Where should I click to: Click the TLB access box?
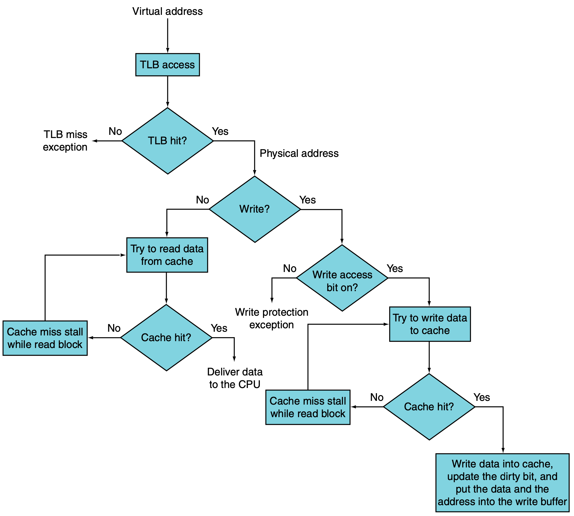pyautogui.click(x=168, y=65)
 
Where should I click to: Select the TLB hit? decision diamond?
pyautogui.click(x=168, y=141)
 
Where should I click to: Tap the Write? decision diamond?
pyautogui.click(x=255, y=209)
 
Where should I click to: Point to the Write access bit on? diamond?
pyautogui.click(x=342, y=278)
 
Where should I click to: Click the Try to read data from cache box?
pyautogui.click(x=167, y=255)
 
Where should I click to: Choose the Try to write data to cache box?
pyautogui.click(x=430, y=324)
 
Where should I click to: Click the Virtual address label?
pyautogui.click(x=168, y=11)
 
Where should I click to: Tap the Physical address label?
pyautogui.click(x=299, y=153)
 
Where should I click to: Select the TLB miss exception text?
pyautogui.click(x=65, y=141)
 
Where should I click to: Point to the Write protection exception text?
pyautogui.click(x=272, y=319)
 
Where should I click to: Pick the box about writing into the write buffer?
pyautogui.click(x=502, y=483)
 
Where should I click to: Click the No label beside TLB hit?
pyautogui.click(x=115, y=131)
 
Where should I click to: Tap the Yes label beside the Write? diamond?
pyautogui.click(x=308, y=200)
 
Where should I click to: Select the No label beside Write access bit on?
pyautogui.click(x=290, y=269)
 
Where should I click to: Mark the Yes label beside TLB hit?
pyautogui.click(x=220, y=131)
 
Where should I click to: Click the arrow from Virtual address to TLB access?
pyautogui.click(x=168, y=36)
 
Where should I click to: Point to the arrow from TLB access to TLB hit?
pyautogui.click(x=168, y=92)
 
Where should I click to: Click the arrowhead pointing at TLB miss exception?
pyautogui.click(x=95, y=141)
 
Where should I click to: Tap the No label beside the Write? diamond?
pyautogui.click(x=202, y=200)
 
